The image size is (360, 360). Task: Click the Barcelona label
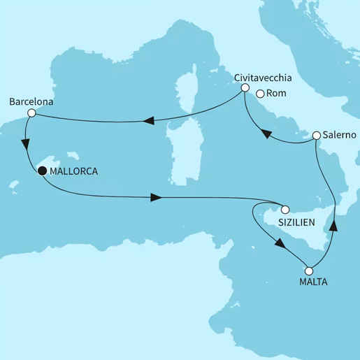tap(31, 101)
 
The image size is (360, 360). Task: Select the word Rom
tap(275, 95)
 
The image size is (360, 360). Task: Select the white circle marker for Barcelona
tap(25, 112)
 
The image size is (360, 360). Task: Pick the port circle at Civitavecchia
tap(245, 88)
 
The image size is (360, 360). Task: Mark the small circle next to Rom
tap(260, 94)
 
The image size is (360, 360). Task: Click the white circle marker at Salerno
tap(317, 135)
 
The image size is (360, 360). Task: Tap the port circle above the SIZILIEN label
tap(285, 208)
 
